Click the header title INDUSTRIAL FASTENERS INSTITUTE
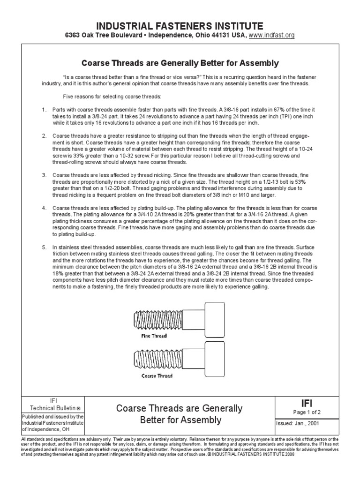coord(180,25)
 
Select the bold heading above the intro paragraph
coord(180,63)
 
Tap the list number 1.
coord(44,110)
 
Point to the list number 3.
coord(44,175)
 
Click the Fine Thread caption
coord(154,336)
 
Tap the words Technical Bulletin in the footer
coord(50,408)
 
